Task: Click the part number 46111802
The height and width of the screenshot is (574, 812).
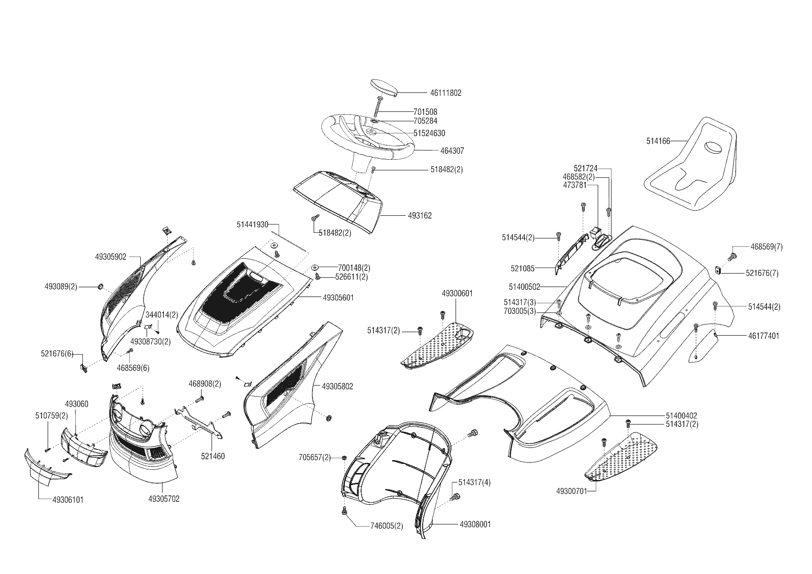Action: coord(445,93)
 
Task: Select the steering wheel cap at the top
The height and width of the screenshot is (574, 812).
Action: coord(383,87)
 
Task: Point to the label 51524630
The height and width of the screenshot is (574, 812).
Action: coord(429,133)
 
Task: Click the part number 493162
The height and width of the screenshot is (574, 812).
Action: coord(420,216)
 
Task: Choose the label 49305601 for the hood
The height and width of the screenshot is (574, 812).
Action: coord(338,298)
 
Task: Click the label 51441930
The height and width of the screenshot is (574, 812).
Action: coord(252,225)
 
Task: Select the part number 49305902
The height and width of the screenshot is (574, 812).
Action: coord(111,257)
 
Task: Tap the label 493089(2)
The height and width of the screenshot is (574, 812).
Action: coord(61,287)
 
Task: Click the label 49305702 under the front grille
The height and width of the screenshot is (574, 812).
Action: coord(164,499)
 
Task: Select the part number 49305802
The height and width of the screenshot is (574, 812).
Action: coord(337,386)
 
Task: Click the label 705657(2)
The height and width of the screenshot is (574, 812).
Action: coord(315,458)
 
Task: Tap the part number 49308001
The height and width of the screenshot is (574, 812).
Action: coord(475,524)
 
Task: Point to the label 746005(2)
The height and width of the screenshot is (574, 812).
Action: coord(387,526)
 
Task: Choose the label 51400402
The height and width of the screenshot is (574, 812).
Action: coord(681,416)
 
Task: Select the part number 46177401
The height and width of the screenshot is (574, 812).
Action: coord(763,336)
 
